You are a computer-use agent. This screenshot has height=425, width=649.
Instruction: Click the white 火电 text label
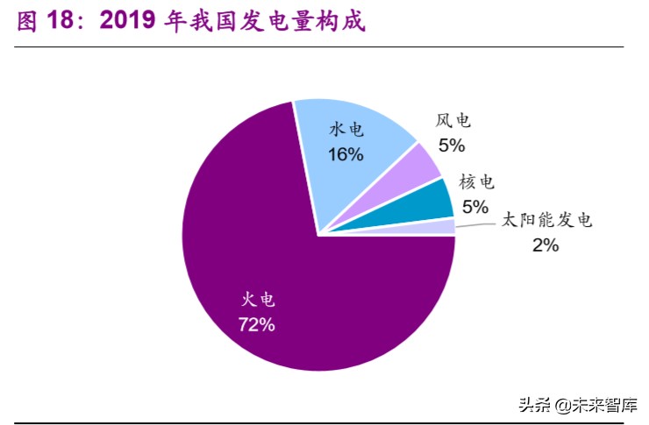[x=258, y=299]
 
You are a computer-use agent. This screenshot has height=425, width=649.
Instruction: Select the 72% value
[x=257, y=324]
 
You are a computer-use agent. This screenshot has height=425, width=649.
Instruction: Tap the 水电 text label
[x=346, y=130]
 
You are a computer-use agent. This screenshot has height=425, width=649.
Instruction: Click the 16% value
[x=346, y=154]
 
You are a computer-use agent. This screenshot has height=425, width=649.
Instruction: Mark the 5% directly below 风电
[x=453, y=145]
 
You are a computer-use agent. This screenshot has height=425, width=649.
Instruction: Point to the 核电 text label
[x=476, y=182]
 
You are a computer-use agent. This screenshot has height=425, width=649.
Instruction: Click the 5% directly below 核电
[x=474, y=207]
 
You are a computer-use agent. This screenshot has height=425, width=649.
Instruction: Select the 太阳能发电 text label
[x=546, y=220]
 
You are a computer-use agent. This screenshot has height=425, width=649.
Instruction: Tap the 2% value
[x=545, y=245]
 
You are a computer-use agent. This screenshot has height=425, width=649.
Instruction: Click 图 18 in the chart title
[x=43, y=22]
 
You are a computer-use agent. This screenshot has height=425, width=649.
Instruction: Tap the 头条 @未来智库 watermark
[x=578, y=404]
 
